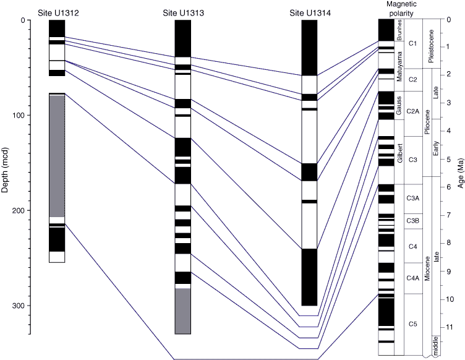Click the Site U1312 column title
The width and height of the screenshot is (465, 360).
[58, 13]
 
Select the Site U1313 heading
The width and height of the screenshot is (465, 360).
[183, 13]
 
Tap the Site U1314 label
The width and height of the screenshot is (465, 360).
[310, 13]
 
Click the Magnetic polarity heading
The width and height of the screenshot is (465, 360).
[401, 9]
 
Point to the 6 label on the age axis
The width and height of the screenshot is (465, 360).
[449, 187]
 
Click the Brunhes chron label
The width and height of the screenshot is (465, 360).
[399, 30]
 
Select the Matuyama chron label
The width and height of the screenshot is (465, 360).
[399, 66]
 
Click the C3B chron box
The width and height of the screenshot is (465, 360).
[413, 221]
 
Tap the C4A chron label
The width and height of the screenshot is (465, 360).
[413, 278]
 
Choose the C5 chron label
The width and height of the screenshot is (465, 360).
[413, 324]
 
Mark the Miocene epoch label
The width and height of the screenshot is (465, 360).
[427, 268]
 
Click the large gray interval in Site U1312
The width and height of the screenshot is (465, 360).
[57, 156]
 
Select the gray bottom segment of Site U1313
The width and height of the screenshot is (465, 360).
[182, 311]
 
